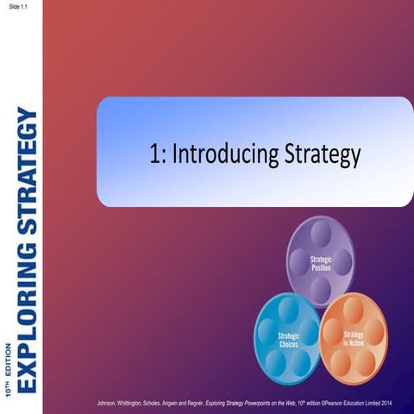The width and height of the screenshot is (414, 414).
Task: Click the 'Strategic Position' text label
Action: click(x=321, y=263)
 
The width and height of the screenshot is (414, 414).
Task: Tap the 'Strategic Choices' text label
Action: click(x=289, y=340)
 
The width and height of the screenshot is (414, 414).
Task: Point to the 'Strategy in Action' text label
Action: click(x=354, y=338)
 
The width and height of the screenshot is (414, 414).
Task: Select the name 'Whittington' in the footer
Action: click(x=159, y=404)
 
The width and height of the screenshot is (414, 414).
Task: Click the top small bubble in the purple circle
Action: click(x=321, y=232)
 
